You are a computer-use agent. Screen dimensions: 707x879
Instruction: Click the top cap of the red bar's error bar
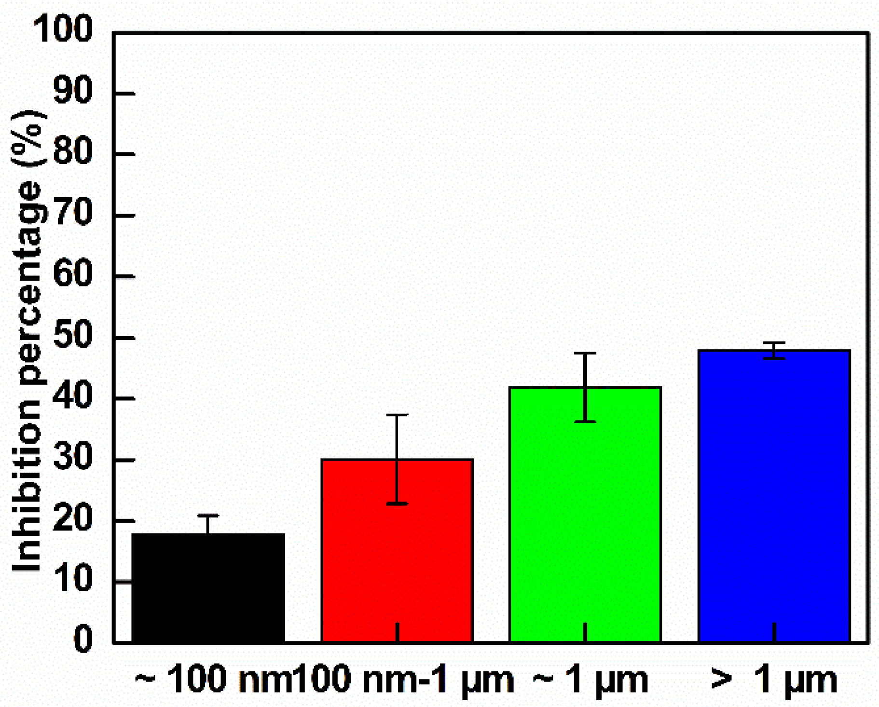click(x=397, y=415)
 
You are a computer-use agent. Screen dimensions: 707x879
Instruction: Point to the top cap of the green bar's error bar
click(x=585, y=353)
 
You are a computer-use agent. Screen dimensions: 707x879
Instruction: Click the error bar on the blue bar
click(x=774, y=350)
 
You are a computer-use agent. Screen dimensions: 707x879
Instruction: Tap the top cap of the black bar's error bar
click(x=208, y=516)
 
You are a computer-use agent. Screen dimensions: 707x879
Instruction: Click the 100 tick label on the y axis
click(x=63, y=29)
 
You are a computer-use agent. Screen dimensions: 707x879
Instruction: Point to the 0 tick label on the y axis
click(x=82, y=639)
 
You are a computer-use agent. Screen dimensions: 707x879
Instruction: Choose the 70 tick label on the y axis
click(x=72, y=213)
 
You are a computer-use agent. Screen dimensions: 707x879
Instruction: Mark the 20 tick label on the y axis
click(x=72, y=519)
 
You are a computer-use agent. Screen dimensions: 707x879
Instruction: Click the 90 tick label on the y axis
click(x=72, y=91)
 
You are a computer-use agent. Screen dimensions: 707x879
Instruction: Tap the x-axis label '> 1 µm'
click(x=774, y=680)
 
